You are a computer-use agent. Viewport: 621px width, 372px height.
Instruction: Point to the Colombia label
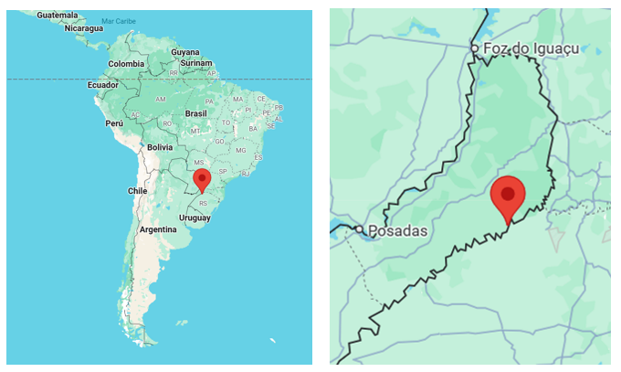point(126,63)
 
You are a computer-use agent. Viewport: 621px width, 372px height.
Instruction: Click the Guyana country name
point(185,52)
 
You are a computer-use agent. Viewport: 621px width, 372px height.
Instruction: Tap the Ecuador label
point(103,84)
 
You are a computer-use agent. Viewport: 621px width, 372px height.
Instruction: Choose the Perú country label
point(114,122)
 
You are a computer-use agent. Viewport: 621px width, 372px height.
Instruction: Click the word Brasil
point(196,113)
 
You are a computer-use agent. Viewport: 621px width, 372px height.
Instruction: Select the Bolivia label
point(160,146)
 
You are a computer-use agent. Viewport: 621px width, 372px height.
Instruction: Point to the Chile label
point(137,191)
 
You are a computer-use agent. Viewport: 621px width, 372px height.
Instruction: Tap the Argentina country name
point(158,229)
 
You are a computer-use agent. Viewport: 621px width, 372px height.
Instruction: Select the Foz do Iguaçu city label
point(523,47)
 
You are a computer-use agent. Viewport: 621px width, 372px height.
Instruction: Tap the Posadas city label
point(398,230)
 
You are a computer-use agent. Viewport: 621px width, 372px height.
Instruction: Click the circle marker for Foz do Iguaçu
point(475,48)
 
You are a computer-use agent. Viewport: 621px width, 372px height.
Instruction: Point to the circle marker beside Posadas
point(361,230)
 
